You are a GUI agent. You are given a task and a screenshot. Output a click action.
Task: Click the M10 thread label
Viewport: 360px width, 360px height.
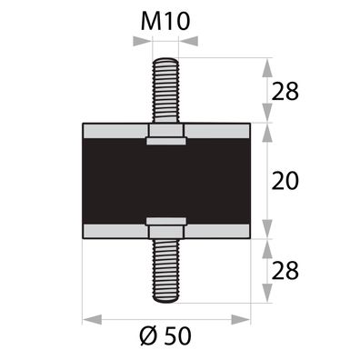click(167, 20)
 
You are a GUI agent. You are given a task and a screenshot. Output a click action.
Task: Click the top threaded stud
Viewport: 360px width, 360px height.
click(165, 91)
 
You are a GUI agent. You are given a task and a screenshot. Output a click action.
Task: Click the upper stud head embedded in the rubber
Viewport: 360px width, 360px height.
click(165, 136)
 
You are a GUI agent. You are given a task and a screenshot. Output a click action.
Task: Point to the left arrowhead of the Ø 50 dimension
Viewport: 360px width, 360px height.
click(89, 319)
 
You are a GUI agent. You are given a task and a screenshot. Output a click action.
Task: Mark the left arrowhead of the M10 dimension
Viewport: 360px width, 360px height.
click(145, 42)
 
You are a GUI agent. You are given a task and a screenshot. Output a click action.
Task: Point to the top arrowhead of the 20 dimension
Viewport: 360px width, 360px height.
click(266, 129)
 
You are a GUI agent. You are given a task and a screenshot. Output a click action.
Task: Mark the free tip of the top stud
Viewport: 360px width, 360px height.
click(165, 61)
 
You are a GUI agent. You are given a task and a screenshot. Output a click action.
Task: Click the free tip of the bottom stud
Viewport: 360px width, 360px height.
click(165, 301)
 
